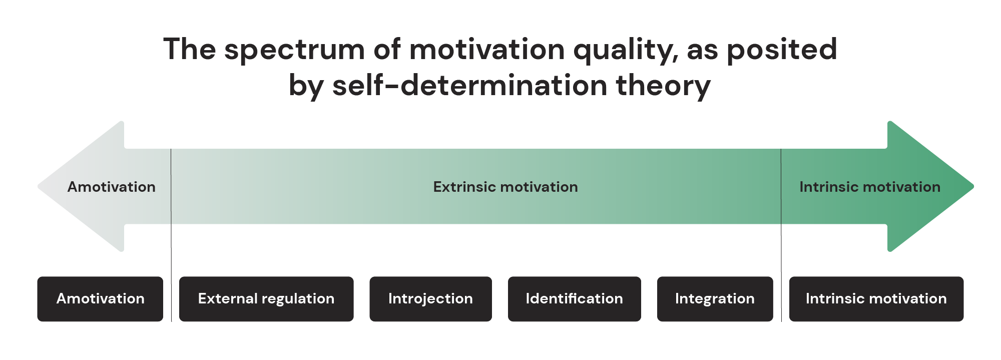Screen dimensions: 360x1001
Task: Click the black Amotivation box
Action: (100, 299)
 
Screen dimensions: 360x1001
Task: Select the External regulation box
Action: (266, 299)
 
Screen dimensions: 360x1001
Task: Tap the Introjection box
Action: (430, 299)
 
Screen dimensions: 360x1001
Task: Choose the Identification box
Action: (574, 299)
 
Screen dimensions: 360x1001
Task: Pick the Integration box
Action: (715, 299)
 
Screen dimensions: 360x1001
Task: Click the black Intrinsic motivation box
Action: (876, 299)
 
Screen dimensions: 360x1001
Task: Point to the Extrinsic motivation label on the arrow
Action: (505, 187)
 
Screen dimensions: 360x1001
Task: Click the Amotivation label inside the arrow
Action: (111, 187)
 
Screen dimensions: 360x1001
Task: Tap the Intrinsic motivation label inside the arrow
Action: (869, 187)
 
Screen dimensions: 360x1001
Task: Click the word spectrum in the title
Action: (294, 51)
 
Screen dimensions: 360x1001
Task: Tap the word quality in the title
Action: (626, 51)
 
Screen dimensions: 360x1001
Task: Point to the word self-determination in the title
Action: (469, 86)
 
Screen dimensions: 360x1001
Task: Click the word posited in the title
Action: (781, 51)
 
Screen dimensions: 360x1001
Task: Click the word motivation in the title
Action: (487, 50)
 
